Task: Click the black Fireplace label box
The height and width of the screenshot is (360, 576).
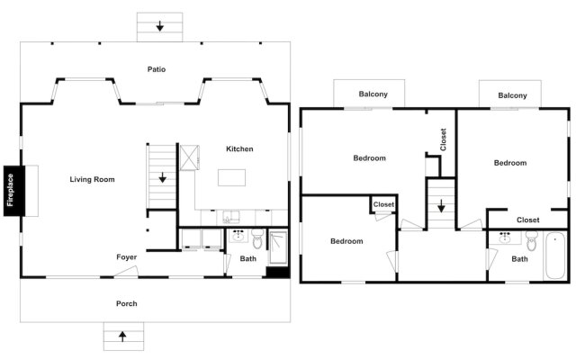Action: click(12, 191)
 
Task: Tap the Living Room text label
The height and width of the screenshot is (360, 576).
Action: click(92, 180)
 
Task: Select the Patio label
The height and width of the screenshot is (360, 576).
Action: click(157, 68)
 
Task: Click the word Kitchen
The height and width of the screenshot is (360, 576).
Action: click(239, 148)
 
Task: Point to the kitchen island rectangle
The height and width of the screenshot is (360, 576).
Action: click(232, 178)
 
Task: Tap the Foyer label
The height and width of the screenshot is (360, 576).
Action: click(126, 257)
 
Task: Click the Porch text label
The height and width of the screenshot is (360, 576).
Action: click(127, 303)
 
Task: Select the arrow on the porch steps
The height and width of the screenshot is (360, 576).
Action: click(122, 337)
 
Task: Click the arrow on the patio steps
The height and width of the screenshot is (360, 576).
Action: click(159, 26)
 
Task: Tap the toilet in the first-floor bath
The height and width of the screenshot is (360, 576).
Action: click(257, 239)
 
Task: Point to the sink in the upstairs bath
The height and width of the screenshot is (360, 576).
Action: click(503, 238)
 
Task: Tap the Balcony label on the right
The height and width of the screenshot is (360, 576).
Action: click(511, 95)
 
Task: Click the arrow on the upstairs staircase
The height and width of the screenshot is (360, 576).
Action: click(441, 206)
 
